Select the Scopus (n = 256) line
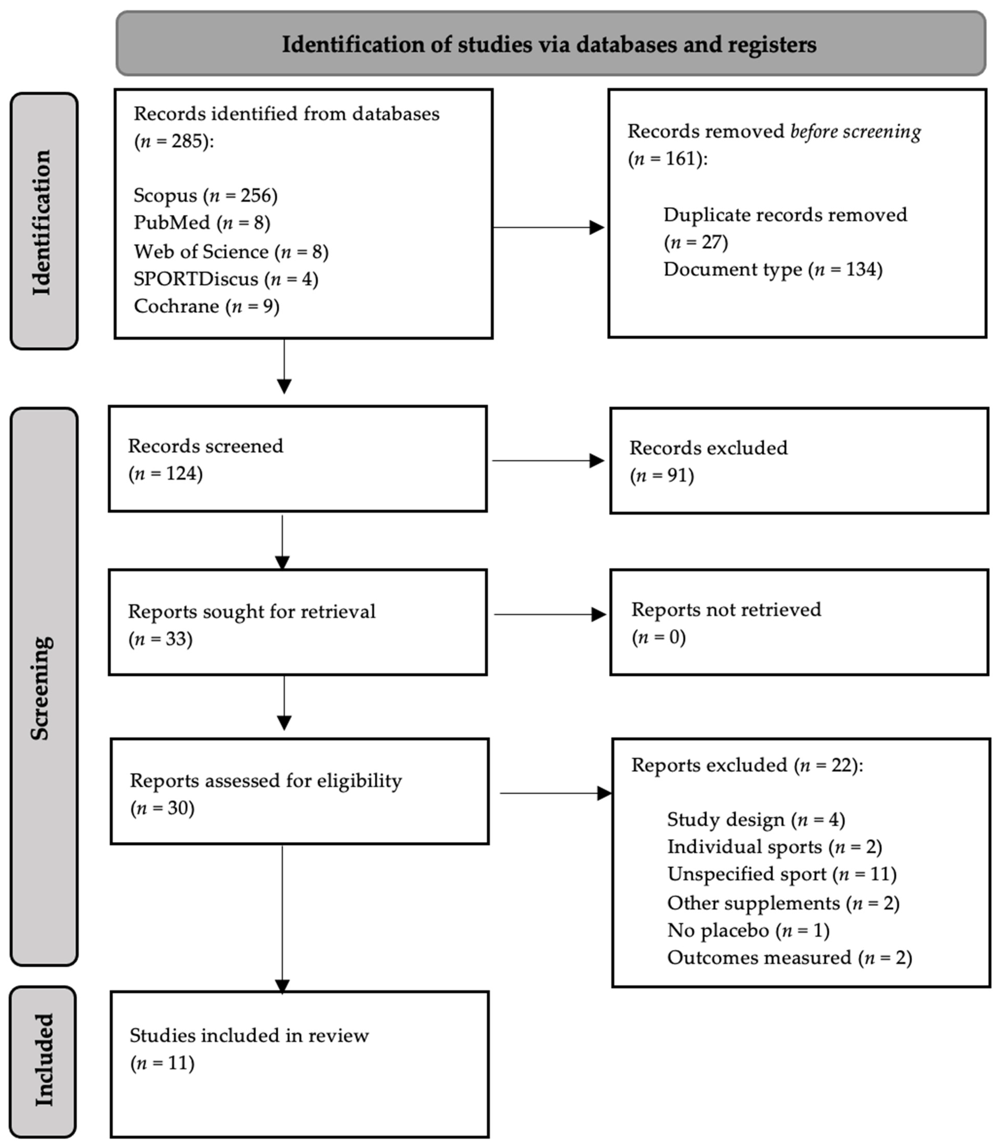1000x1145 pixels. (x=205, y=195)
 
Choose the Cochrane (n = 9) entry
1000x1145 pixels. (x=206, y=306)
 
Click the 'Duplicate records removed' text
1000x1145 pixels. (x=785, y=215)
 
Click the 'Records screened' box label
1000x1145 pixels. (x=205, y=446)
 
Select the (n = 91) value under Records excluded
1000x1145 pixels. (x=662, y=476)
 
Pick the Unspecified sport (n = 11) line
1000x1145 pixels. (x=781, y=874)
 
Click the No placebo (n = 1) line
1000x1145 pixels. (x=748, y=930)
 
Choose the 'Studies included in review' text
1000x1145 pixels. (x=249, y=1036)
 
